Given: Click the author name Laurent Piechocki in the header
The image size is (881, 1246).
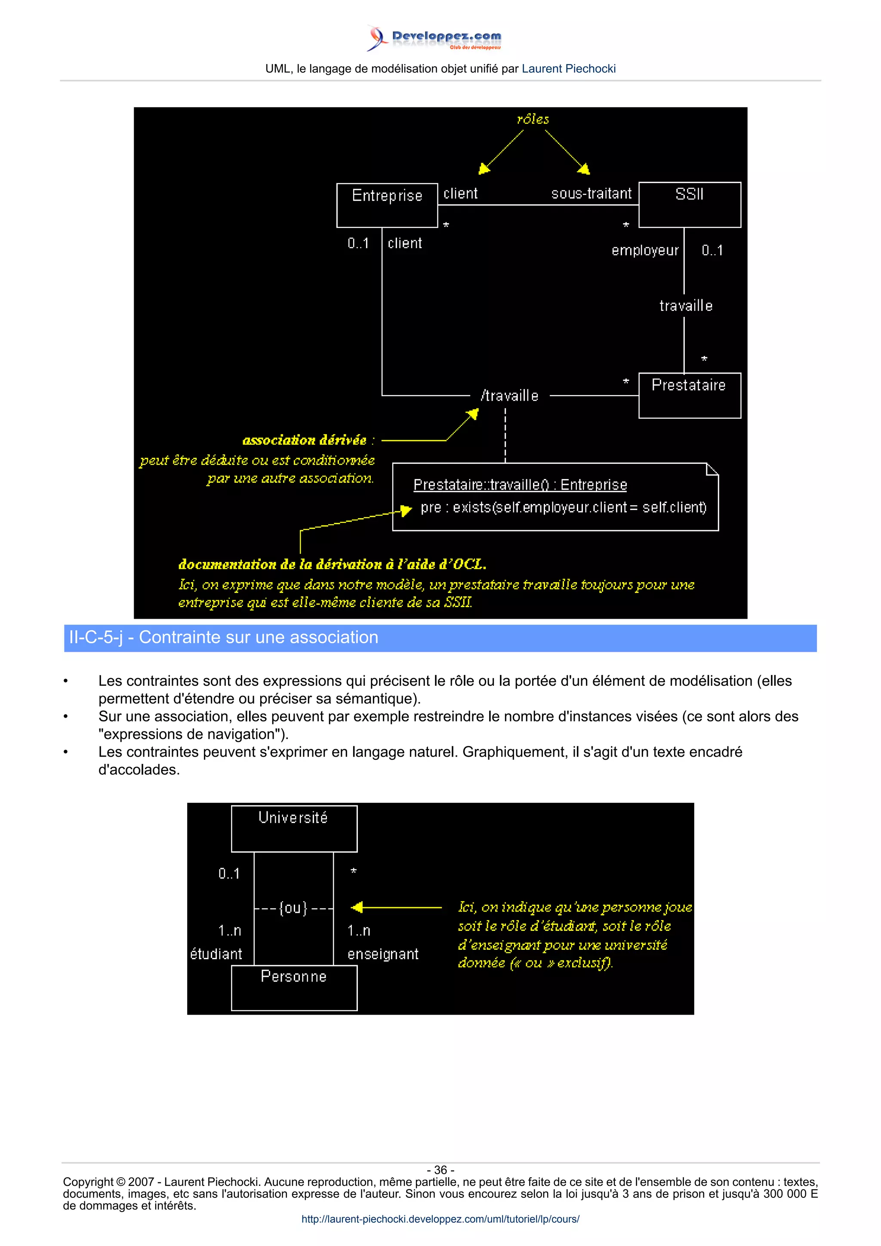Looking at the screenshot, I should coord(568,69).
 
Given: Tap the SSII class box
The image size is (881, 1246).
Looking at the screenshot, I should coord(690,205).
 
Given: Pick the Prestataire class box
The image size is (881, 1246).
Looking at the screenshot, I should coord(690,395).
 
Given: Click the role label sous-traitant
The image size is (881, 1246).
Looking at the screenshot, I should coord(591,194).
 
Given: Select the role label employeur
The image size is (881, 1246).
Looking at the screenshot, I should coord(645,251).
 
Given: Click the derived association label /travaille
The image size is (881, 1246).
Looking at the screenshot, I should coord(509,396).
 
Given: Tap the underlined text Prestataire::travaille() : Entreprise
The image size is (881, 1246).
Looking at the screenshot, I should coord(520,485).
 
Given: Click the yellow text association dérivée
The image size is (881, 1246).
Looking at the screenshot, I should coord(305,440).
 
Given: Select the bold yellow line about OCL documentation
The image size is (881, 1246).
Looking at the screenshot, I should coord(332,565).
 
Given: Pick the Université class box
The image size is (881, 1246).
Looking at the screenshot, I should coord(294,828).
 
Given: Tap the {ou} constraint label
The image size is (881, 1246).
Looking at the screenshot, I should coord(293,908).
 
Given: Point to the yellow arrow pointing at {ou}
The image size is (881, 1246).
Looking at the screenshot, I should coord(396,907).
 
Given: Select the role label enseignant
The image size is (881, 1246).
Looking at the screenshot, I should coord(383,954).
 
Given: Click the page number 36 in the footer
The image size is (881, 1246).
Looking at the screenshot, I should coord(440,1169).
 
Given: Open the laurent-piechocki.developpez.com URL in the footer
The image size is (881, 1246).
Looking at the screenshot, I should coord(440,1219).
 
